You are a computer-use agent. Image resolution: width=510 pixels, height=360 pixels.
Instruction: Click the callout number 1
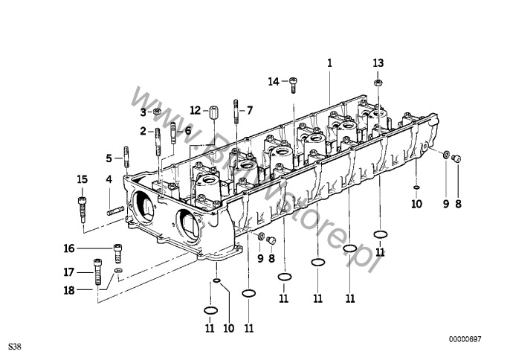click(329, 62)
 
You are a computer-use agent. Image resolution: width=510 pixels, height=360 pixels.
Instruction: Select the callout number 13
click(378, 62)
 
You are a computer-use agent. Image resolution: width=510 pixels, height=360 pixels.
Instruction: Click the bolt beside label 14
click(294, 85)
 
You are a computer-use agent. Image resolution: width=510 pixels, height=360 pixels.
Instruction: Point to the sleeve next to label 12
click(213, 112)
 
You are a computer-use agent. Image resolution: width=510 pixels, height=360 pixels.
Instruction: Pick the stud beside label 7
click(236, 112)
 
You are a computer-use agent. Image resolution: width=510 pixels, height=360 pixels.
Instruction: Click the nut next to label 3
click(157, 112)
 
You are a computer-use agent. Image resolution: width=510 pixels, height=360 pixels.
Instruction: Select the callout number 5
click(109, 158)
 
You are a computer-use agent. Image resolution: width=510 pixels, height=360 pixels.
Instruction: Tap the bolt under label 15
click(83, 210)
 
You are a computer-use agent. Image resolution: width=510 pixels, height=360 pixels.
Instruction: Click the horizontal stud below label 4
click(115, 210)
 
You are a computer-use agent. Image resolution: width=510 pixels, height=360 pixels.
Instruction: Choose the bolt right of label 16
click(117, 253)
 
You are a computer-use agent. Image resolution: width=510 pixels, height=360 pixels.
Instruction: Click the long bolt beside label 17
click(97, 271)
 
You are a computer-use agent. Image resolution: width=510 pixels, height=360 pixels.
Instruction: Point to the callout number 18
click(69, 290)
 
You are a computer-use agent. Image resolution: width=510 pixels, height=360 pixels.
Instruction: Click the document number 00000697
click(465, 339)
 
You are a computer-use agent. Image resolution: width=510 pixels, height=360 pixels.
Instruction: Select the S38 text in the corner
click(15, 347)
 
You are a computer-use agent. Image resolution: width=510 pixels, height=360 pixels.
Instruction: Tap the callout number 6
click(188, 131)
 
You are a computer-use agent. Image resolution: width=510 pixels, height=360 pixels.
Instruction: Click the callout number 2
click(143, 131)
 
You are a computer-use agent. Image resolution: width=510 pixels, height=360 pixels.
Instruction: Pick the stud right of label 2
click(158, 142)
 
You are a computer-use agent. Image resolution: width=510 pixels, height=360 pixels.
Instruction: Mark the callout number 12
click(195, 111)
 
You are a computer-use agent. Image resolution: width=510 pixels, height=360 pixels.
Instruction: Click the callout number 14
click(274, 82)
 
